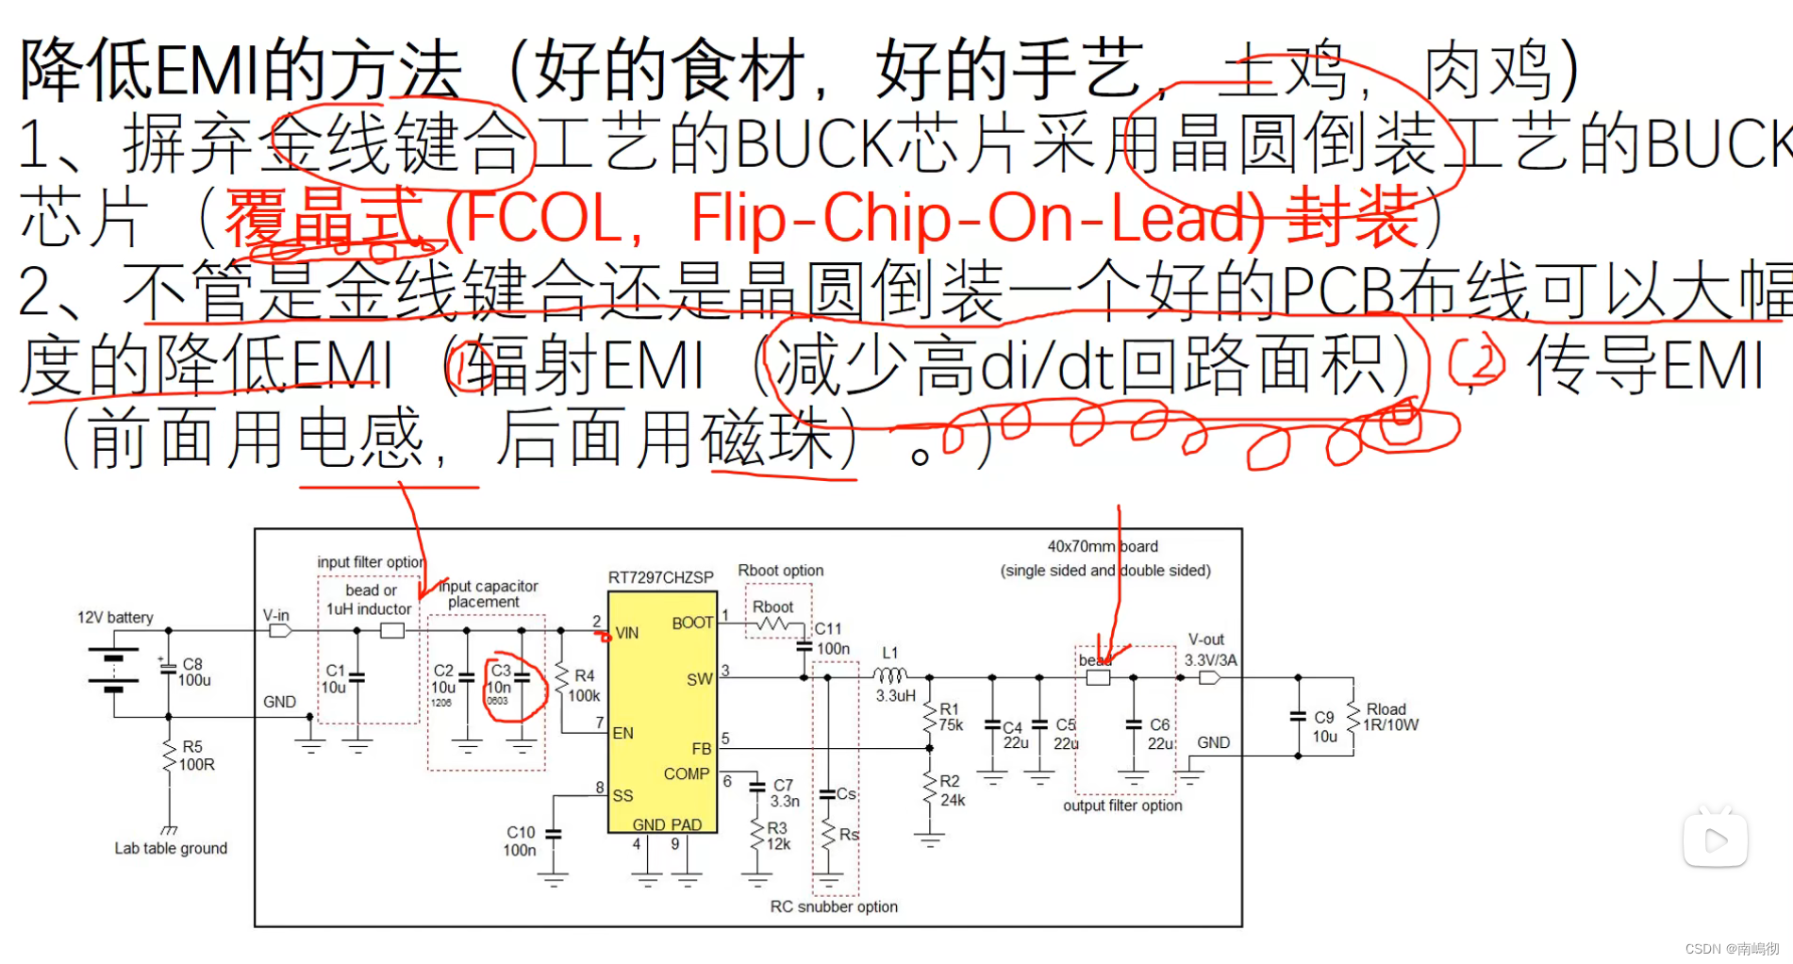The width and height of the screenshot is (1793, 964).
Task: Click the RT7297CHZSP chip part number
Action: click(660, 577)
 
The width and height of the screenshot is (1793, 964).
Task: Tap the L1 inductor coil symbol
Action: click(889, 675)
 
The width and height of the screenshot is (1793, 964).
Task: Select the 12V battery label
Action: click(115, 617)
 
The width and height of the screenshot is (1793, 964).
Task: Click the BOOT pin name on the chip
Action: click(691, 623)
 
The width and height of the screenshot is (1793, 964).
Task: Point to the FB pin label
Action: click(701, 748)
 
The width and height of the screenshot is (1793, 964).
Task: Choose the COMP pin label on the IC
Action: click(686, 773)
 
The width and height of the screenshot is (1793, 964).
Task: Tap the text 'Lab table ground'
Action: click(171, 848)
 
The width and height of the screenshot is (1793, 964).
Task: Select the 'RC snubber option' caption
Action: click(834, 906)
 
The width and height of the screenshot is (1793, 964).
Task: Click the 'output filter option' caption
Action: click(1122, 806)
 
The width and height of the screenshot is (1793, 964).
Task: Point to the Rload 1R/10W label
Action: click(1389, 717)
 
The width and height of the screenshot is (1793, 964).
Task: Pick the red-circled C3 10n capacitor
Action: click(513, 686)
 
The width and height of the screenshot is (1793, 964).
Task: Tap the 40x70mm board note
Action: click(1104, 557)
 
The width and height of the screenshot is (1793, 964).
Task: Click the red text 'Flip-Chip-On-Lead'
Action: click(976, 217)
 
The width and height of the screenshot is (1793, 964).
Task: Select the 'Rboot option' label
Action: click(780, 571)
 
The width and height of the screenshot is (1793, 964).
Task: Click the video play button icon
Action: click(1715, 839)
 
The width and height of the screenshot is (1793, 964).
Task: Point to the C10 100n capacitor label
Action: click(520, 840)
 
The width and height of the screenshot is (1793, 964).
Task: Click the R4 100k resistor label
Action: click(583, 686)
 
